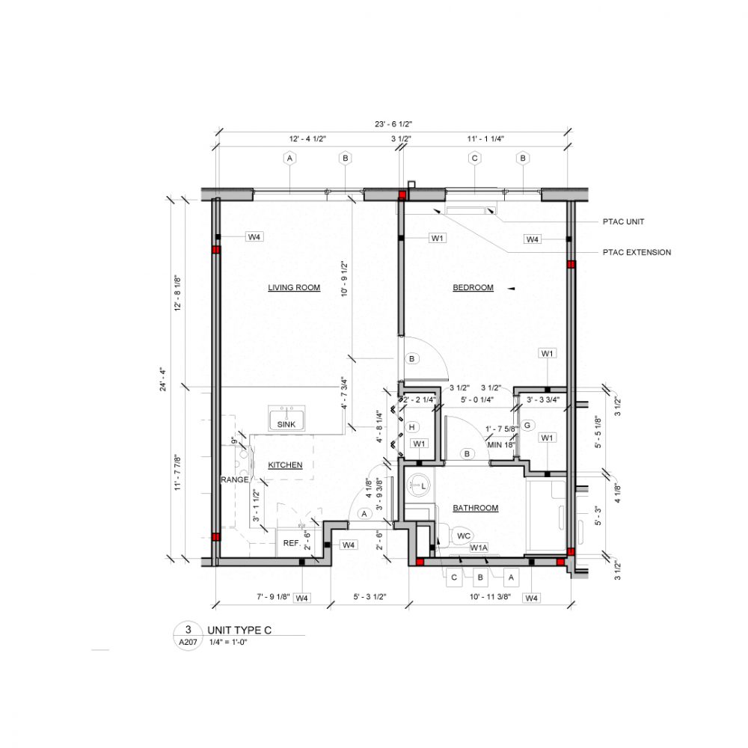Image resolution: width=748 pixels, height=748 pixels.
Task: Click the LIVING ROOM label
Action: (x=294, y=287)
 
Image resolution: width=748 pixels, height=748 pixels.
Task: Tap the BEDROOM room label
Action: (x=473, y=287)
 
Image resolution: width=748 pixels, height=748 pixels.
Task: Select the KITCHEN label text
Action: (x=285, y=465)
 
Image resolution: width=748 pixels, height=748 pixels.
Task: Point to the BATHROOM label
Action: (x=475, y=508)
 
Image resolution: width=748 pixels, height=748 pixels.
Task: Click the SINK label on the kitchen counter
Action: (x=286, y=423)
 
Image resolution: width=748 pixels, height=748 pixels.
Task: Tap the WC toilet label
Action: (x=464, y=536)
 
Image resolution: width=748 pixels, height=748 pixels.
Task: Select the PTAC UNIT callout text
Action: (x=623, y=222)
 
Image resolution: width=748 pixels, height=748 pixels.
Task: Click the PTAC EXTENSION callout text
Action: (x=637, y=252)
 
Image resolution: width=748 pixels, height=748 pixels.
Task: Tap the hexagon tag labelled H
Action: (x=411, y=427)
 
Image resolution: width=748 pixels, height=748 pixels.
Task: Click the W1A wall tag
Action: (x=479, y=548)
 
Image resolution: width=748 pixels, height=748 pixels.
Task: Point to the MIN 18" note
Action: (x=501, y=444)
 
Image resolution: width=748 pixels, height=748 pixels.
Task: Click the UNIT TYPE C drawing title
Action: (x=239, y=631)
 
